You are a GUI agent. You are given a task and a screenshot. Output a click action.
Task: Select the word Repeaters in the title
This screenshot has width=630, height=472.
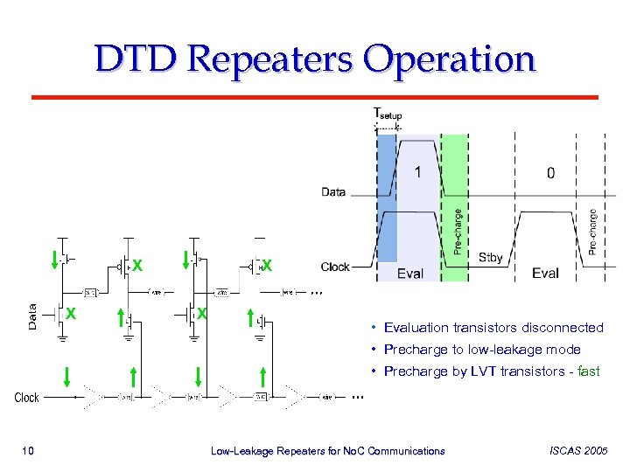269,61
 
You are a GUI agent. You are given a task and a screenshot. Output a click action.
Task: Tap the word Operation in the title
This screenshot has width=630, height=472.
449,61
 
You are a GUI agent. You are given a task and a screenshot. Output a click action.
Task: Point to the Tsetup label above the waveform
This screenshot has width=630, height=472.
388,114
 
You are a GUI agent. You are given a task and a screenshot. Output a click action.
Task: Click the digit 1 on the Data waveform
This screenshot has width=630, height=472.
417,172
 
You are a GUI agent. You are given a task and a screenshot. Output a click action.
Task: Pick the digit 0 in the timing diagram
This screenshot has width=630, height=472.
550,173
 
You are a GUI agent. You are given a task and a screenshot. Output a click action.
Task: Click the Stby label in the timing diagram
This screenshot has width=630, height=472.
491,258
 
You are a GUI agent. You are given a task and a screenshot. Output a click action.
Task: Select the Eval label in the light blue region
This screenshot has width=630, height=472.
409,274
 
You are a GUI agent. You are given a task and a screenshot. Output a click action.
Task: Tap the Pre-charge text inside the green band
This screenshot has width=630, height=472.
458,231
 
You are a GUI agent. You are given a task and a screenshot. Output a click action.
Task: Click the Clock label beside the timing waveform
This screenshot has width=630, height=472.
335,267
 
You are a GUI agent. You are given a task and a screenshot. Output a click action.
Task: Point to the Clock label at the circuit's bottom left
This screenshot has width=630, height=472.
27,398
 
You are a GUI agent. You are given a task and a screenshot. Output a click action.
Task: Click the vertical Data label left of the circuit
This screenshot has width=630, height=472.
32,316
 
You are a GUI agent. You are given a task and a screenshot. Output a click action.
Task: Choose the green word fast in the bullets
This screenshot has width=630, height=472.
589,371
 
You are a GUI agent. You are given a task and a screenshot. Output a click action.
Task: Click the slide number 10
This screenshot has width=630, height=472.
27,451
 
